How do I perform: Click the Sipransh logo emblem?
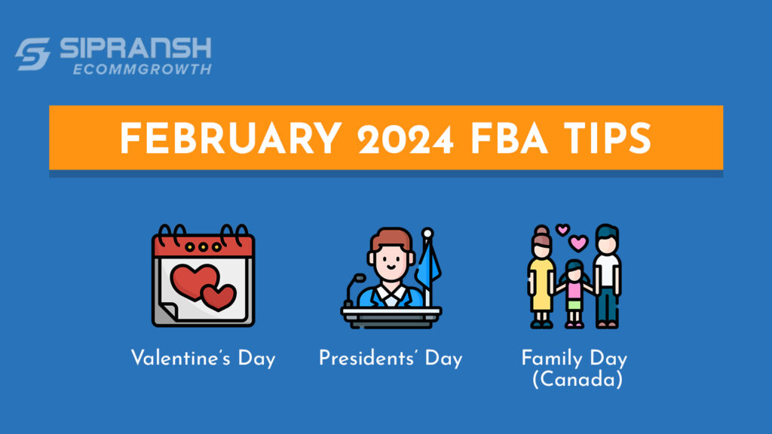point(32,54)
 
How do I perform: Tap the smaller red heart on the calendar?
point(219,297)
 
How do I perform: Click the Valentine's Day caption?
point(203,358)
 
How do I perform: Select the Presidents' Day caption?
point(391,358)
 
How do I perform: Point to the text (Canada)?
point(577,380)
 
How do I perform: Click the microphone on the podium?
point(350,287)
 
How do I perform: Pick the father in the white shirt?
point(607,275)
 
